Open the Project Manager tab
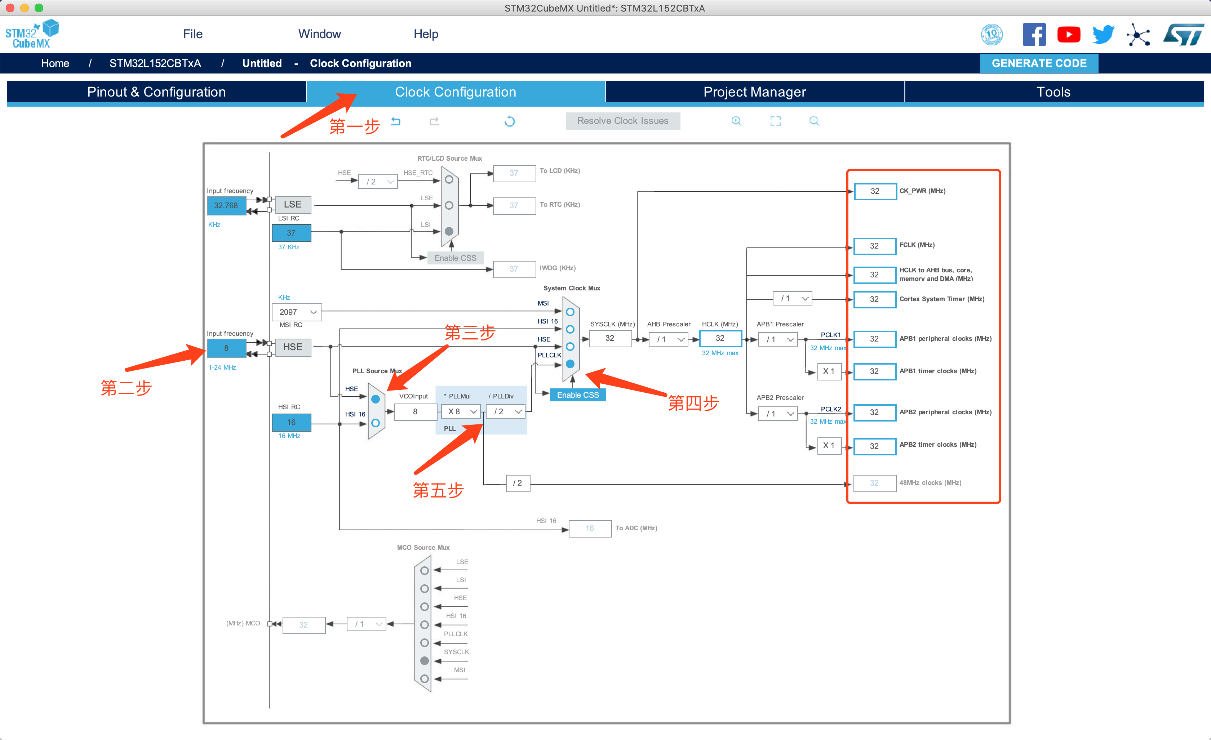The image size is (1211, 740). (x=754, y=92)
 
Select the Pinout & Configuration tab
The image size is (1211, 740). (x=156, y=92)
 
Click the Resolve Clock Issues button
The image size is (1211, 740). (x=623, y=121)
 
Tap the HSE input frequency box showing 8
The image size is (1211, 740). (x=226, y=348)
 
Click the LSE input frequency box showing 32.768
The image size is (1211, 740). (x=226, y=205)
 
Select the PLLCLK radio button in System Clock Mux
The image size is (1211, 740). (x=570, y=364)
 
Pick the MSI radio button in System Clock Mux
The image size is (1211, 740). (x=570, y=312)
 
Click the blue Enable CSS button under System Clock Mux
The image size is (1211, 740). (x=578, y=395)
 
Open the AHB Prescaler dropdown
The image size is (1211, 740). (x=669, y=339)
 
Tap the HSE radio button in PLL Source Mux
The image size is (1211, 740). (x=376, y=399)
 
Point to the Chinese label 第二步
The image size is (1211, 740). (x=126, y=388)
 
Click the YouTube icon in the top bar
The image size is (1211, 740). (x=1069, y=34)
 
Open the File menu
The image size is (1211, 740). (x=193, y=34)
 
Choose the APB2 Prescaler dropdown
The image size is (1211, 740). (x=778, y=414)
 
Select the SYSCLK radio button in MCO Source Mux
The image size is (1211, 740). (x=425, y=661)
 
